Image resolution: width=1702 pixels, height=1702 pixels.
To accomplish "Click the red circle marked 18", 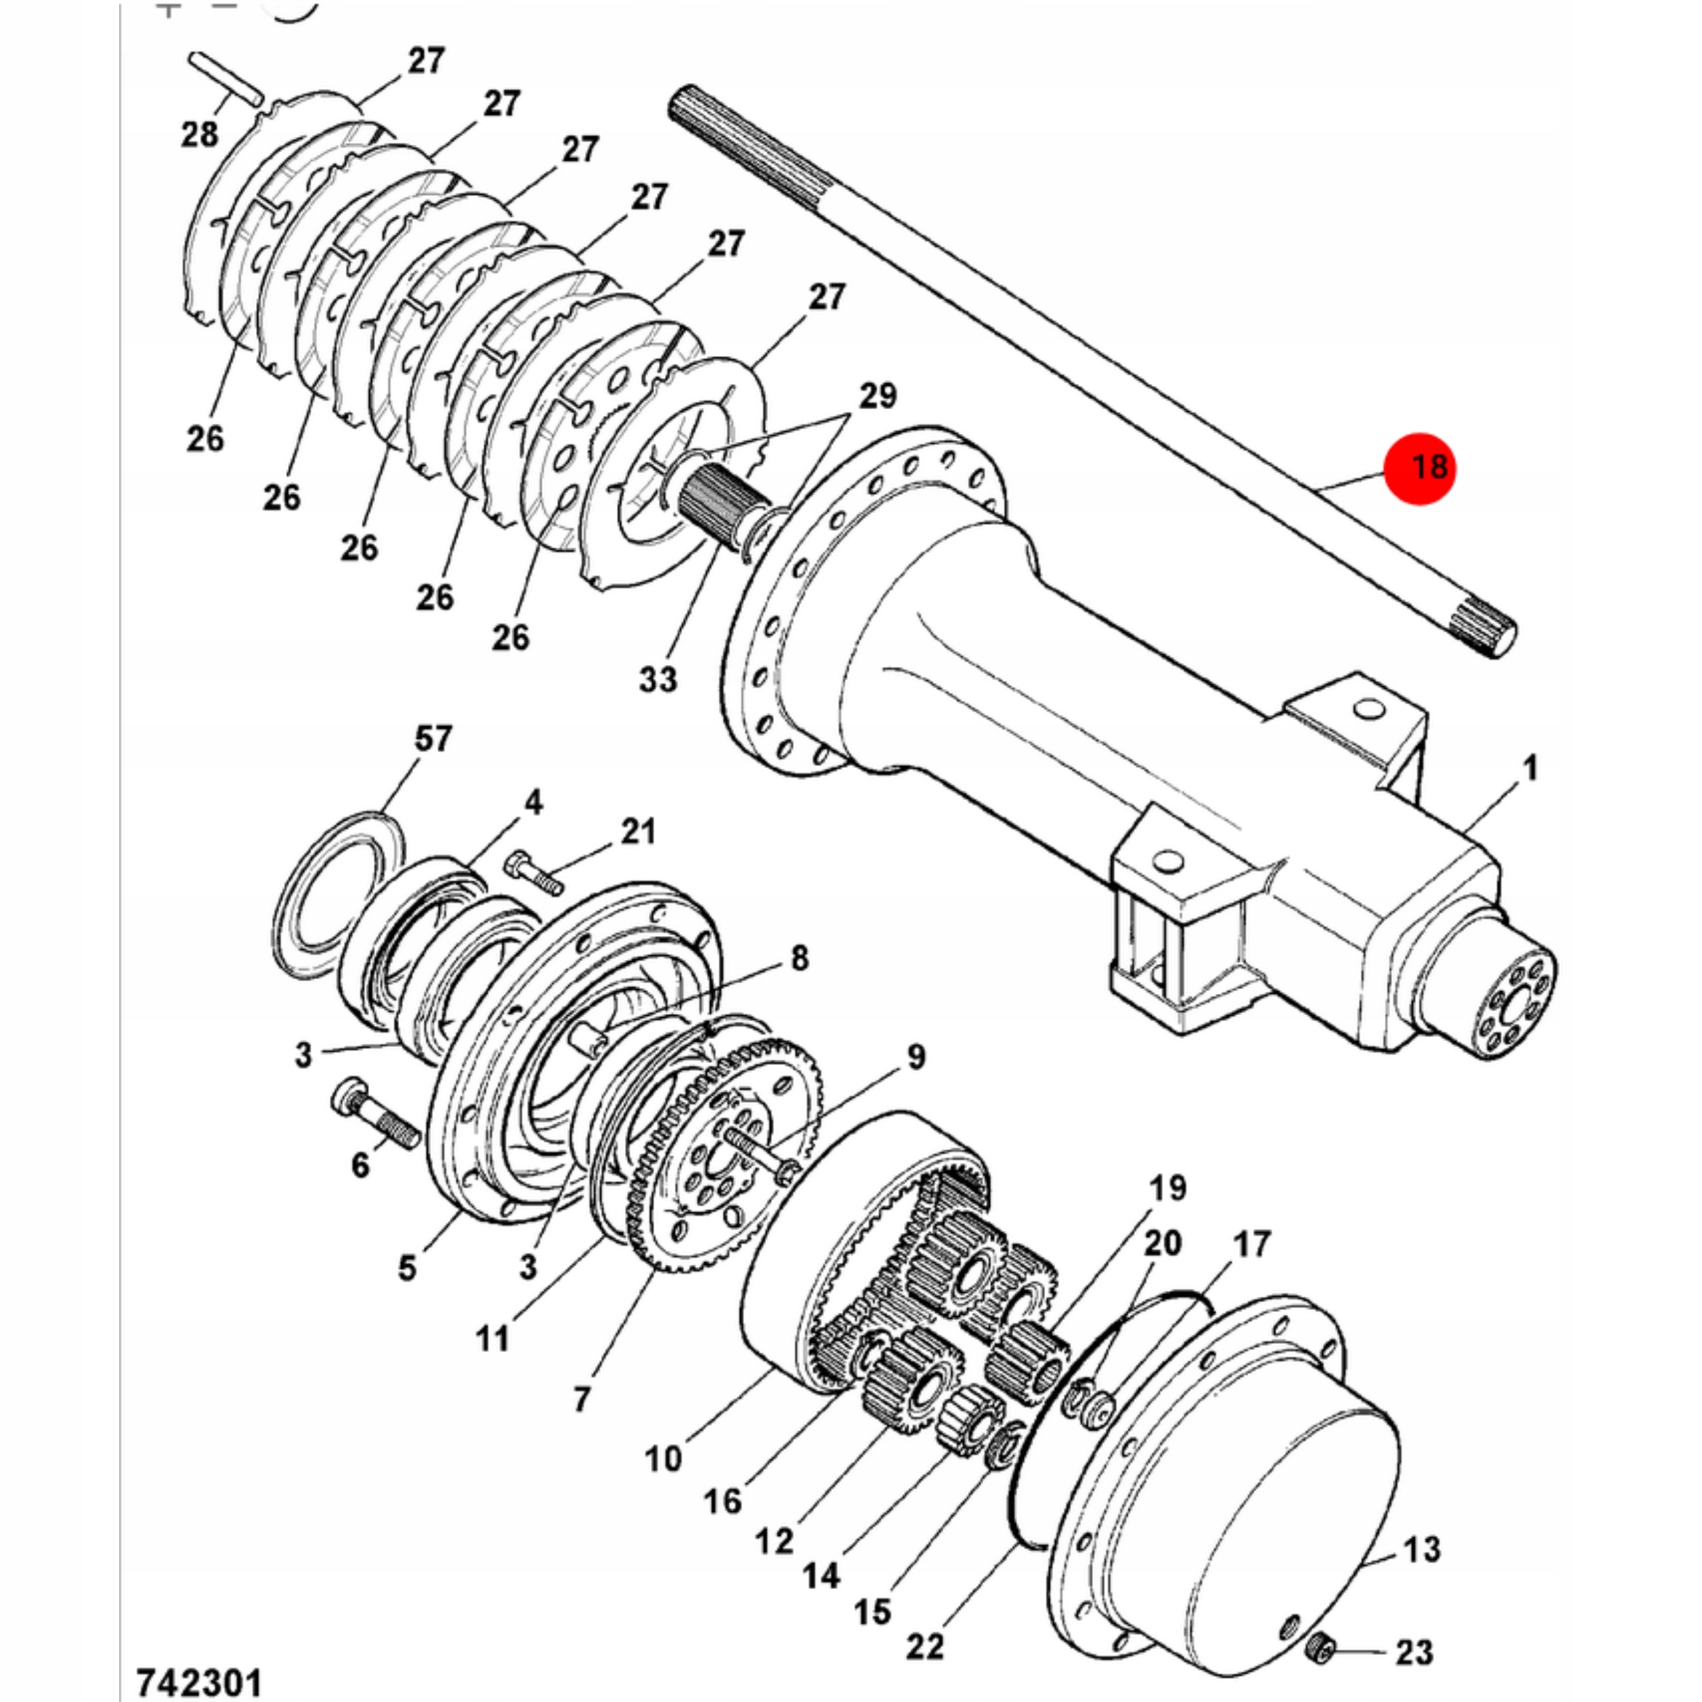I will (x=1419, y=468).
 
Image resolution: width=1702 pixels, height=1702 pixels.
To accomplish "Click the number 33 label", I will (x=658, y=678).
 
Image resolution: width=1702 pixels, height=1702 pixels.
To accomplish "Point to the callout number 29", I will (x=877, y=396).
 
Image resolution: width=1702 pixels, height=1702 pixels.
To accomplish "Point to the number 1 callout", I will (x=1530, y=767).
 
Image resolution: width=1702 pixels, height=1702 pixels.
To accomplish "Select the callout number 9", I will (x=916, y=1057).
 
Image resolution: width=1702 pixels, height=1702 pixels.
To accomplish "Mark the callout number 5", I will (x=406, y=1268).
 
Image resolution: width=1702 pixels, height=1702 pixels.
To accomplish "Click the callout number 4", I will (x=533, y=803).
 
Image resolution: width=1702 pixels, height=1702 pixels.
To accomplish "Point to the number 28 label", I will (x=200, y=135).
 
